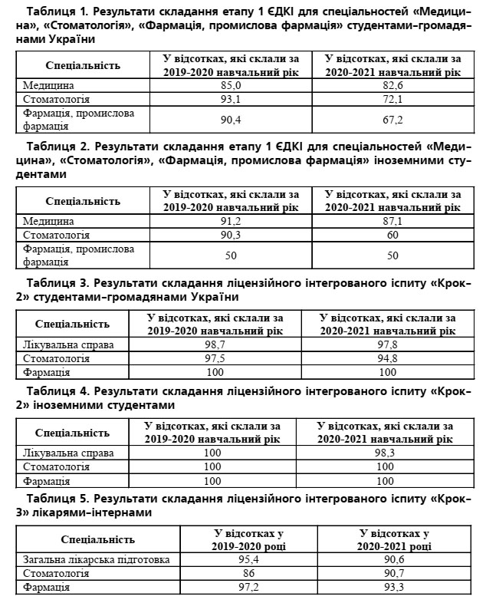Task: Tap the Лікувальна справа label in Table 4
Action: pos(68,453)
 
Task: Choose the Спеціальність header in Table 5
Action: pos(97,539)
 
